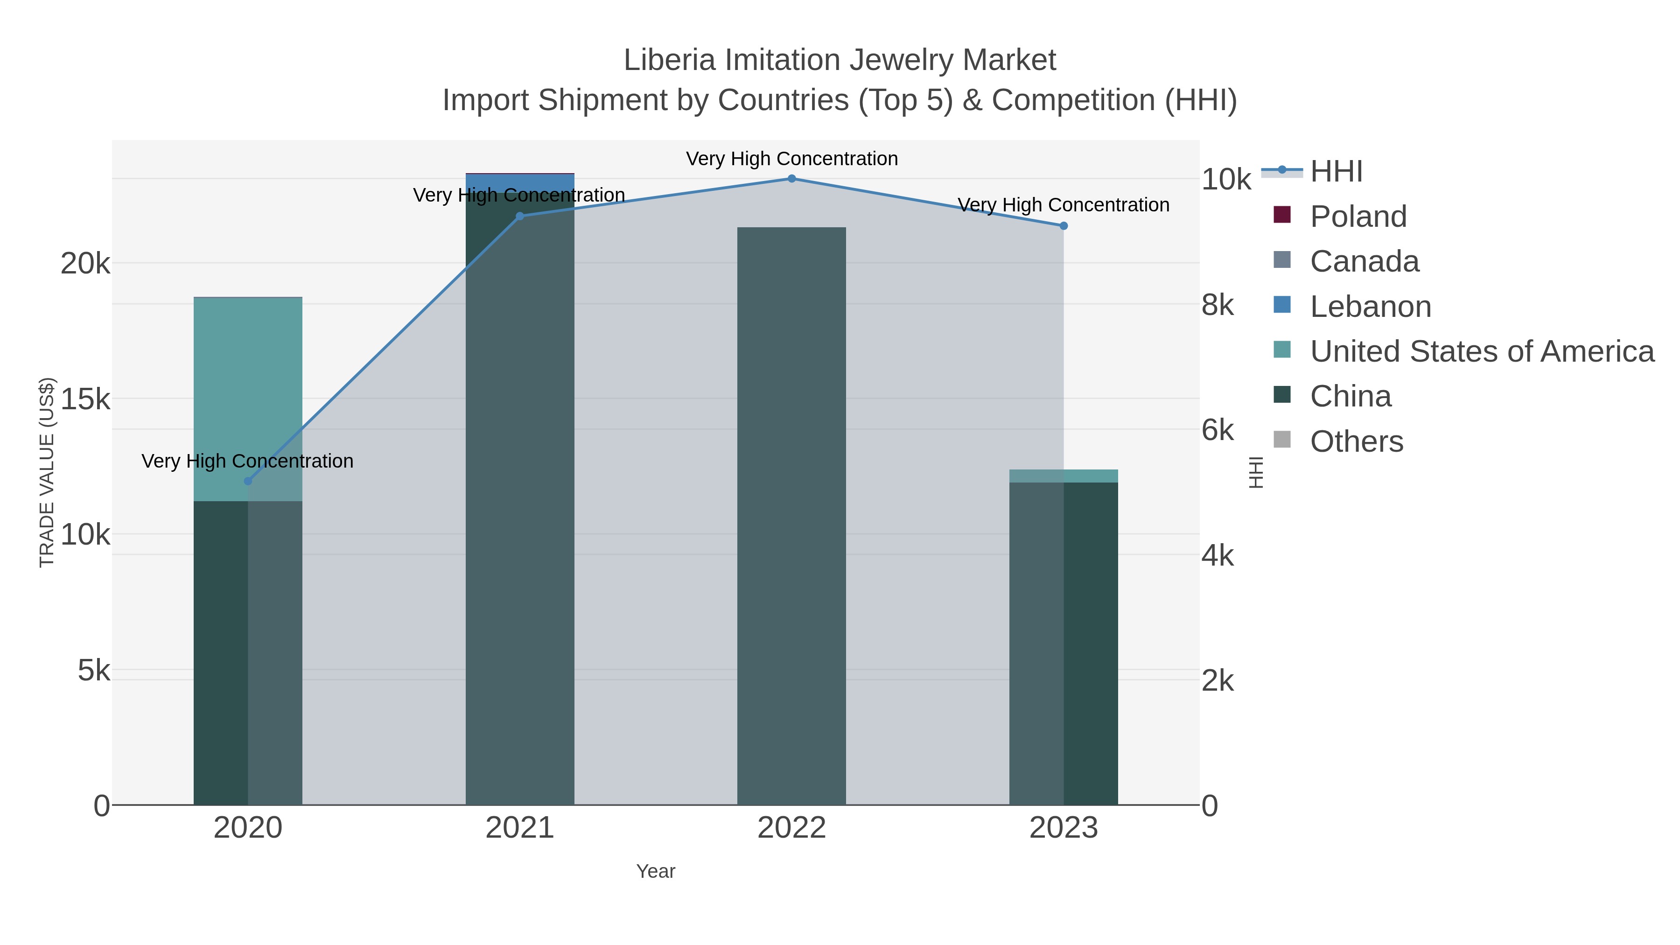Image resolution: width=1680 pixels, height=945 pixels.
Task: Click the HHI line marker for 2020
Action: tap(247, 481)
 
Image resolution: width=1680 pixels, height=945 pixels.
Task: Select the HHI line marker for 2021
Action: tap(520, 217)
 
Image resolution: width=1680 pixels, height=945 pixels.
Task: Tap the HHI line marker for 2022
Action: tap(792, 179)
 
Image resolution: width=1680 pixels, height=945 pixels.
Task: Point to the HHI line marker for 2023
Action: tap(1064, 226)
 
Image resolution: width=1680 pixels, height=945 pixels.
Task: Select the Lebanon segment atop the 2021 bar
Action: tap(520, 182)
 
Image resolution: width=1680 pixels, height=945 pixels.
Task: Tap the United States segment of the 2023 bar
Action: tap(1064, 476)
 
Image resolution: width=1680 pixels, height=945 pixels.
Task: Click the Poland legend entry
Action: tap(1358, 217)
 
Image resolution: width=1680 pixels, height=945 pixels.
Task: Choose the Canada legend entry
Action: tap(1365, 261)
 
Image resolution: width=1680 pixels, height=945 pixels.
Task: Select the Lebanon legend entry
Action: tap(1370, 307)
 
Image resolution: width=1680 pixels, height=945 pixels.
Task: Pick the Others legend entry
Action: tap(1357, 441)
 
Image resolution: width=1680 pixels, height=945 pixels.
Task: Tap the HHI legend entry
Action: tap(1336, 172)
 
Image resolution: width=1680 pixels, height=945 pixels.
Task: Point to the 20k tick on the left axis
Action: tap(85, 264)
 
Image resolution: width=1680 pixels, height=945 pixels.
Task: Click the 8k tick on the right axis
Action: tap(1218, 305)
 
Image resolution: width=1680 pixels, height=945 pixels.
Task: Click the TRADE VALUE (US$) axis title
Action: tap(47, 472)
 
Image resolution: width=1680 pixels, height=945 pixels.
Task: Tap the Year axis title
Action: tap(656, 871)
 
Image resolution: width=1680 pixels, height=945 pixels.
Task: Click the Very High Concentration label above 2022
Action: tap(792, 159)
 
